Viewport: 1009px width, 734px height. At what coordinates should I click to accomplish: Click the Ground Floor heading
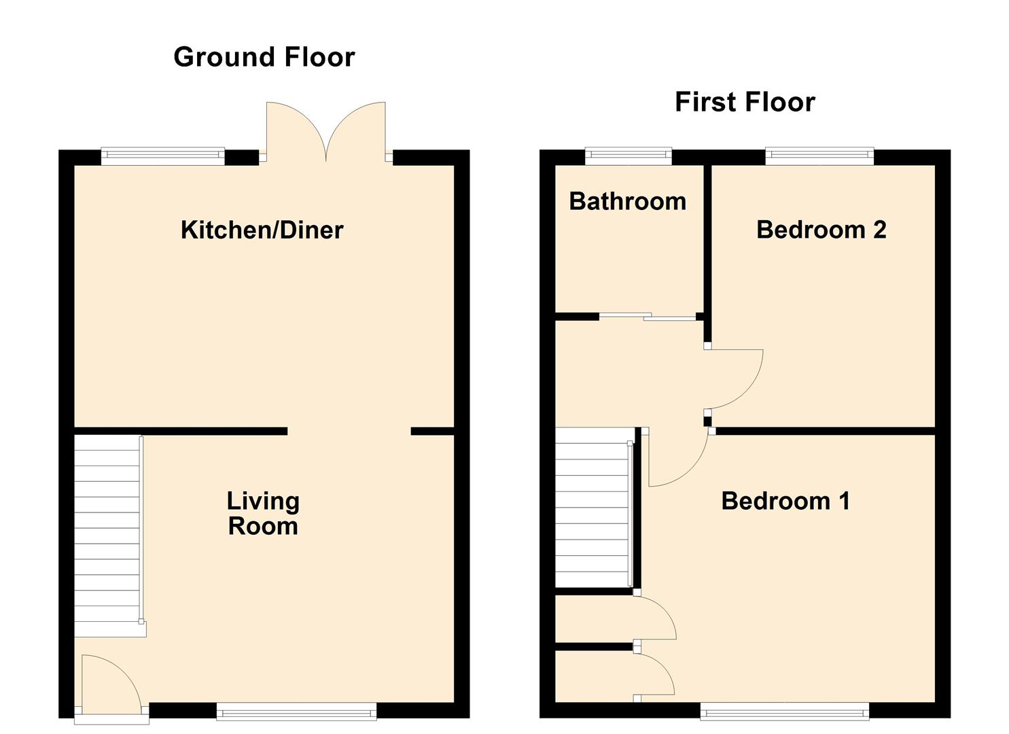tap(264, 57)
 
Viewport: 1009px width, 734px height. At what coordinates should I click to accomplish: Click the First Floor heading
tap(745, 103)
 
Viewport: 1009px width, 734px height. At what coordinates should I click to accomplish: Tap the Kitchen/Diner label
tap(262, 230)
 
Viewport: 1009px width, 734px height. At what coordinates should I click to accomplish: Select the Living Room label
tap(263, 514)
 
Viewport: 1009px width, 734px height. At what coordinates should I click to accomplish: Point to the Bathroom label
tap(627, 202)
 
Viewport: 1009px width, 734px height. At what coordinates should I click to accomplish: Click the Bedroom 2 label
tap(821, 230)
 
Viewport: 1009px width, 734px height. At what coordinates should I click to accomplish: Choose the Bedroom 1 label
tap(785, 502)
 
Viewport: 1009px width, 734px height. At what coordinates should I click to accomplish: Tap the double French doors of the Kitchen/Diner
tap(326, 133)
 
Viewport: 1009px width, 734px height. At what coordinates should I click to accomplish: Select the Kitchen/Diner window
tap(162, 156)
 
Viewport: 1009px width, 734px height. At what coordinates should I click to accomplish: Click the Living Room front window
tap(296, 712)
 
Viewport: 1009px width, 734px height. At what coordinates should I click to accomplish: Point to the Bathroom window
tap(629, 156)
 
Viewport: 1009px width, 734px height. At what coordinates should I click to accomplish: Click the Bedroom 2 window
tap(819, 156)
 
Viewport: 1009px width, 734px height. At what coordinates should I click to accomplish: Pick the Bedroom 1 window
tap(784, 712)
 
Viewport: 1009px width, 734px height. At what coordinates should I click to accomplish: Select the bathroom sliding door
tap(649, 316)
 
